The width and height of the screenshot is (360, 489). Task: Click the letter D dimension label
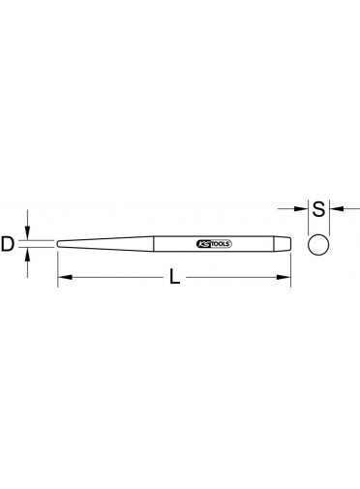tap(8, 244)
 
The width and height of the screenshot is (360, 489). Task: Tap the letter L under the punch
tap(174, 277)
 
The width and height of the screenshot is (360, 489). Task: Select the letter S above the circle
tap(318, 209)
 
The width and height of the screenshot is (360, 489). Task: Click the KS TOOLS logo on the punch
tap(214, 244)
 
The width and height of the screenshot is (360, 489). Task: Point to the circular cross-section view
tap(318, 245)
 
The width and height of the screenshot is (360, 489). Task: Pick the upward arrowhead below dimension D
tap(28, 255)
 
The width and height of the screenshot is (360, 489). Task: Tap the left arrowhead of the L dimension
tap(65, 277)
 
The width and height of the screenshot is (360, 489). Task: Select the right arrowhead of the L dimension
tap(284, 277)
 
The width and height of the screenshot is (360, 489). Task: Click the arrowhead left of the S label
tap(302, 209)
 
